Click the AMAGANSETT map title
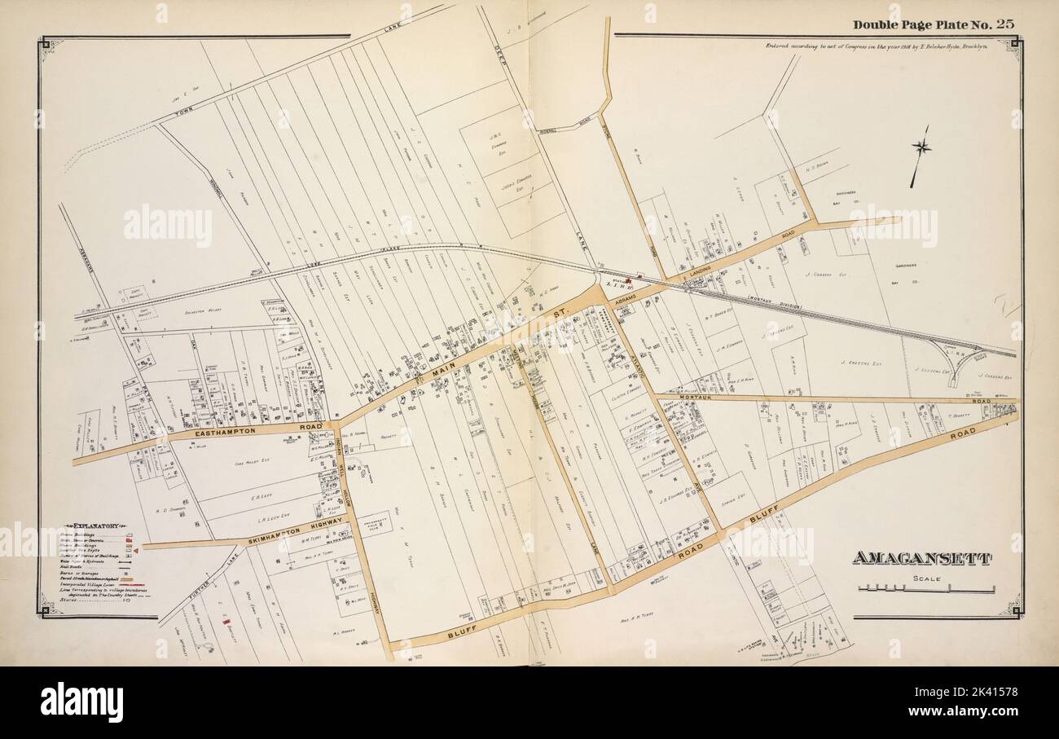tap(921, 558)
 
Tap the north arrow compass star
tap(921, 147)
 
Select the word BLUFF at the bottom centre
tap(462, 632)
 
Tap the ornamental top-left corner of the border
tap(46, 43)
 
